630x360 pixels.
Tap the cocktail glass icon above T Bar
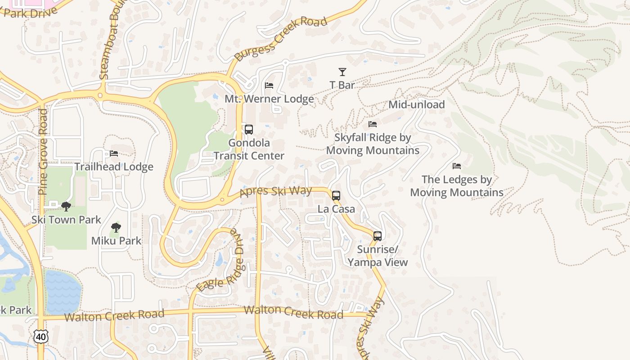click(342, 72)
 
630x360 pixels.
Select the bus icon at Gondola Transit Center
click(248, 130)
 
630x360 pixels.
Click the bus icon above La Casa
click(336, 196)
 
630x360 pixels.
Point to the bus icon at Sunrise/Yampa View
click(378, 236)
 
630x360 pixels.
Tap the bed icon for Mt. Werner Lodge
click(269, 85)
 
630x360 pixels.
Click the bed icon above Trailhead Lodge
click(114, 153)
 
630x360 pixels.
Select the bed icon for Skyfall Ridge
click(373, 124)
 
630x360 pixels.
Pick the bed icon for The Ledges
click(457, 166)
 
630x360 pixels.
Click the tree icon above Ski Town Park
click(66, 207)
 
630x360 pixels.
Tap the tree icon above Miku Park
click(116, 228)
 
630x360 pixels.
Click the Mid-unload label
click(416, 105)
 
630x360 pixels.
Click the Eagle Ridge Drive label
click(220, 261)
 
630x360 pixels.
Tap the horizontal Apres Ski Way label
click(275, 191)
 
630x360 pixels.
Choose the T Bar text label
click(342, 85)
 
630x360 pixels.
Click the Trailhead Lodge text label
click(114, 167)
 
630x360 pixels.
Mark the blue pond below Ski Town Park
click(62, 292)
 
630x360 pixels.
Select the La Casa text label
click(336, 209)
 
